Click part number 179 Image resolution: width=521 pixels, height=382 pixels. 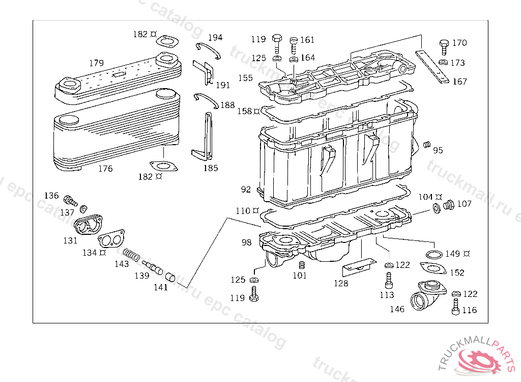tap(96, 63)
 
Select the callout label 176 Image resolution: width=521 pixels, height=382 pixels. tap(105, 169)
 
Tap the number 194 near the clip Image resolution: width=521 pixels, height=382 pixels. tap(215, 37)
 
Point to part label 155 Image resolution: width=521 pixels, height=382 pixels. tap(245, 78)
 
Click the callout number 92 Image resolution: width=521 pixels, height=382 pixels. tap(246, 189)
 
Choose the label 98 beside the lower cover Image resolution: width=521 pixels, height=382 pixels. tap(246, 242)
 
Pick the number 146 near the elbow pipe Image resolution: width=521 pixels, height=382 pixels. tap(397, 309)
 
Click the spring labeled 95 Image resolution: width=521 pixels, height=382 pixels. tap(427, 145)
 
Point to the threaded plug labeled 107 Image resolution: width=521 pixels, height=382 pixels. tap(449, 205)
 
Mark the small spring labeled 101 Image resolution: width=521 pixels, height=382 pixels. tap(301, 266)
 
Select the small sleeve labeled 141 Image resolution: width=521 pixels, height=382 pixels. tap(170, 277)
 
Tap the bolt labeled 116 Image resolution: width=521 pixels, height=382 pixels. tap(455, 307)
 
